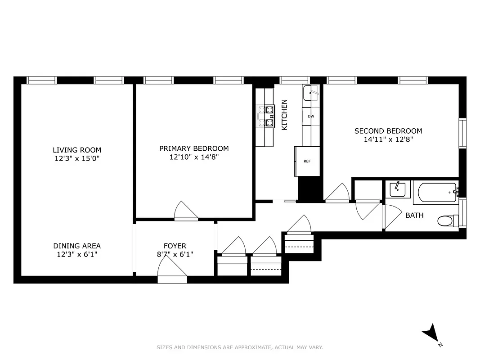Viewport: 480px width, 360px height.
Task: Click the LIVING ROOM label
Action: (x=77, y=150)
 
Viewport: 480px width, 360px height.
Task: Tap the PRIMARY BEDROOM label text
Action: (x=194, y=148)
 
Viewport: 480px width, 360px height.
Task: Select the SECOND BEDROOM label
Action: (x=388, y=131)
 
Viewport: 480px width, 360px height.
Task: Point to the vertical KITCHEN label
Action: (x=284, y=115)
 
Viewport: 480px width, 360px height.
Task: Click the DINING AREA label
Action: (x=77, y=246)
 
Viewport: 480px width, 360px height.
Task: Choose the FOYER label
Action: (x=175, y=246)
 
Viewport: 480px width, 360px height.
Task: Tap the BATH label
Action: (x=414, y=215)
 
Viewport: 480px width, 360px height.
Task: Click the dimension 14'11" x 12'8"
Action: (x=388, y=139)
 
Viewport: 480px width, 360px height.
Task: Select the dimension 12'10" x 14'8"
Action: (x=194, y=157)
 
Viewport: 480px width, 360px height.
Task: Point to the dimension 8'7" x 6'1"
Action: (x=175, y=254)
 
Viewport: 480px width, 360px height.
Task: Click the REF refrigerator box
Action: (x=307, y=161)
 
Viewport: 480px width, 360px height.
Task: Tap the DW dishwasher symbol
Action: (x=310, y=116)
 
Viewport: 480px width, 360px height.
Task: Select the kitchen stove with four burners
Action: (x=265, y=116)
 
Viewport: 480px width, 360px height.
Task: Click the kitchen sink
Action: (x=310, y=93)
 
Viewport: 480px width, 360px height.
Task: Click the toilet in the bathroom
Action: (x=447, y=221)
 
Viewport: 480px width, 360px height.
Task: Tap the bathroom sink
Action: (x=398, y=189)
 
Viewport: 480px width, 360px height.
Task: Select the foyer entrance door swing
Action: (x=172, y=273)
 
